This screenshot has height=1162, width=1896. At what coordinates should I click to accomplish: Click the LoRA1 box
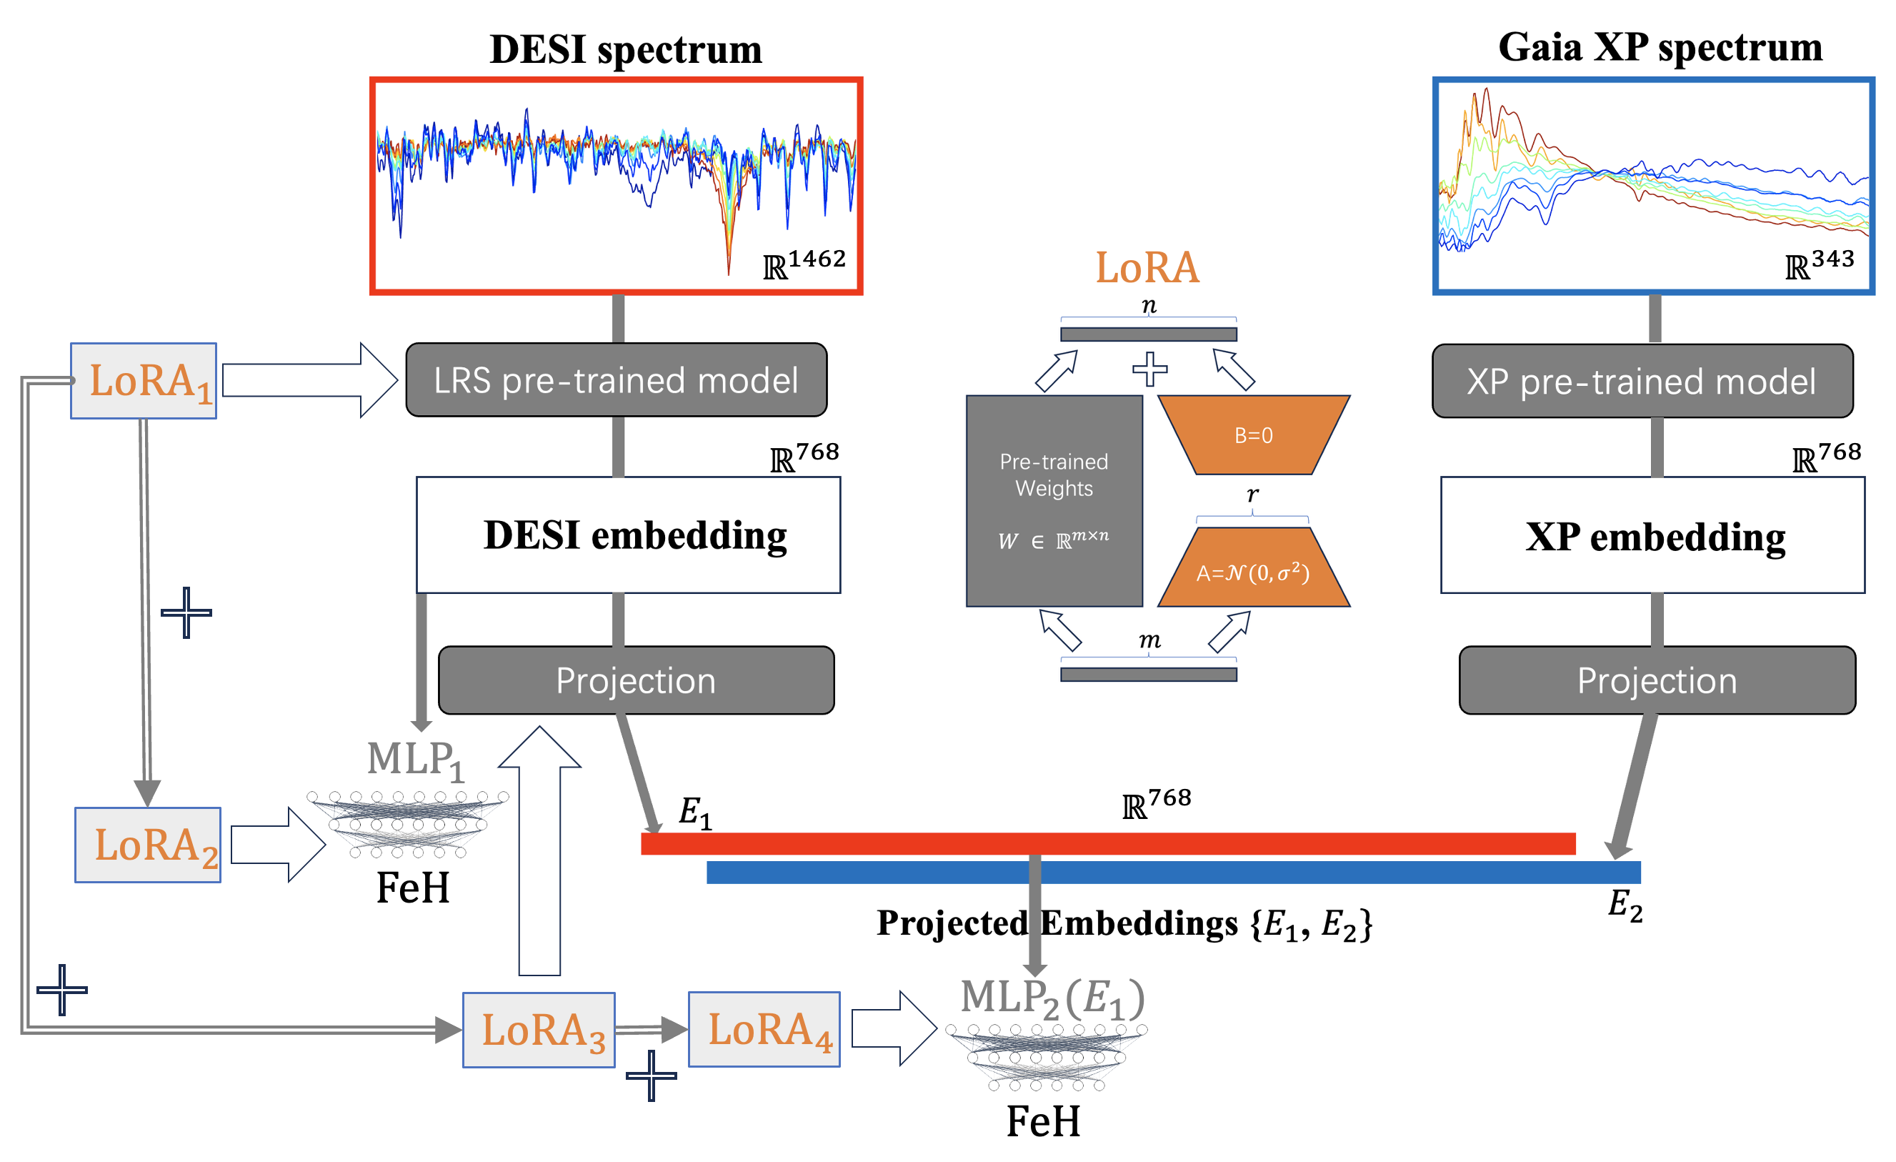point(143,381)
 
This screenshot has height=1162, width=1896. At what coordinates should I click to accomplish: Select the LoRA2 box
point(148,845)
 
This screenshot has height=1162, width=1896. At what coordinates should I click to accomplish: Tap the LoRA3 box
point(539,1030)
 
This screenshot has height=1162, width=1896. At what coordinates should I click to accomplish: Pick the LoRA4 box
point(764,1029)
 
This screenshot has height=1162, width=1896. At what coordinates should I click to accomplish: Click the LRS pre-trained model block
point(617,380)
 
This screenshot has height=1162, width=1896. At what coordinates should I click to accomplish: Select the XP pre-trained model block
point(1642,381)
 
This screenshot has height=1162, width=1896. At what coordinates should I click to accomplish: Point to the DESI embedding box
point(629,535)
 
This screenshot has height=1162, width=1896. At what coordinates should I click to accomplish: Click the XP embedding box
point(1653,535)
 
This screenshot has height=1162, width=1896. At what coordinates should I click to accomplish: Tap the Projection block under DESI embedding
point(637,680)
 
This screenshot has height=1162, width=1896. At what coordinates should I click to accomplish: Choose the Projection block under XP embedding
point(1657,680)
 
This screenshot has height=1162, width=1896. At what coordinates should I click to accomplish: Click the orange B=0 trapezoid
point(1254,434)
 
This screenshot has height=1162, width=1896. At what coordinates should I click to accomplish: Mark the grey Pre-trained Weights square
point(1054,501)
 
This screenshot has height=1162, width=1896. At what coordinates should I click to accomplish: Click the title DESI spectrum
point(626,49)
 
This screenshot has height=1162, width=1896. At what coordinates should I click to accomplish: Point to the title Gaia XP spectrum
point(1660,48)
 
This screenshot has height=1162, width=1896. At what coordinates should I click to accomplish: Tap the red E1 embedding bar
point(1108,843)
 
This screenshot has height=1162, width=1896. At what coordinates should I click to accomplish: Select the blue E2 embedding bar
point(1174,873)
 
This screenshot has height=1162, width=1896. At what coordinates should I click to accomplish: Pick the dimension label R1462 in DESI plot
point(805,264)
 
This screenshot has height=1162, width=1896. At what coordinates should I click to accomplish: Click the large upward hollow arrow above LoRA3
point(539,847)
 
